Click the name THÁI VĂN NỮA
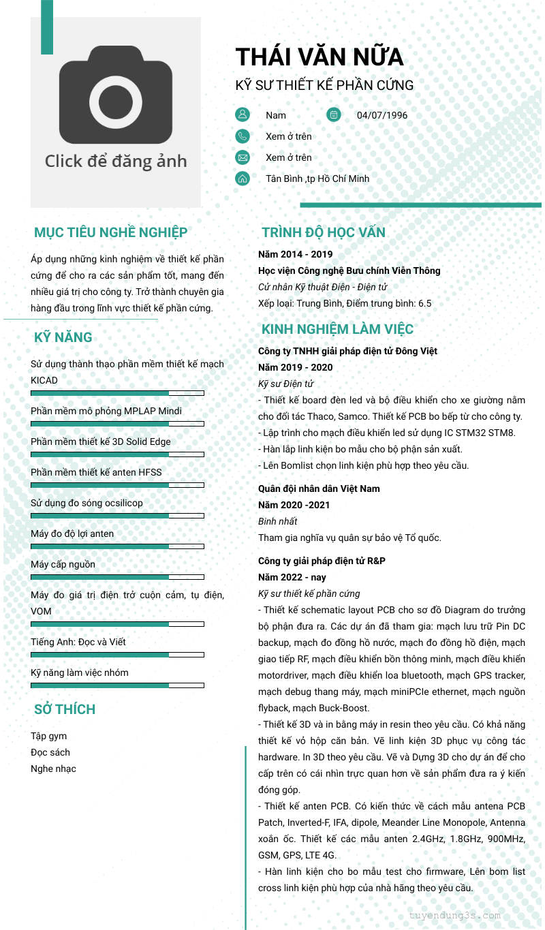click(319, 57)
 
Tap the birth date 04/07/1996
click(382, 115)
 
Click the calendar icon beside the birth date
click(334, 114)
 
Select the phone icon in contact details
click(243, 136)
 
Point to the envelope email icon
click(243, 157)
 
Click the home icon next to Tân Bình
click(243, 179)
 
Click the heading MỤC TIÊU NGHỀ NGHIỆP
click(110, 232)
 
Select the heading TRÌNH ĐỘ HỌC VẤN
click(324, 232)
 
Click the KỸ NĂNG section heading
click(63, 337)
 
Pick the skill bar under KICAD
click(117, 393)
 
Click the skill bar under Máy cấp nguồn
click(117, 577)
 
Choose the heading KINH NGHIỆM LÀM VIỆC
click(337, 329)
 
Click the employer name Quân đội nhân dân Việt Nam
click(319, 489)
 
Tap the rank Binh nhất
click(278, 521)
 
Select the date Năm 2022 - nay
click(292, 577)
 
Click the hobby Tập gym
click(49, 736)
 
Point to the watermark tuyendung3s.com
click(455, 915)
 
